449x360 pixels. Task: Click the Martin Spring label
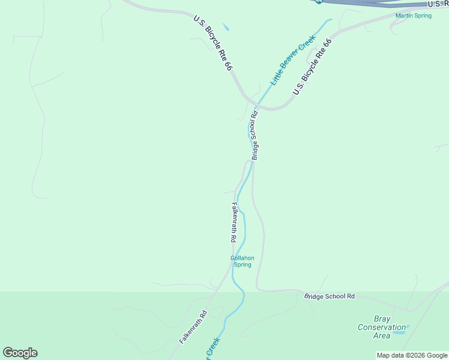413,16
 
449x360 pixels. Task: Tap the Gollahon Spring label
243,261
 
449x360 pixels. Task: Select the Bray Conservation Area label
382,327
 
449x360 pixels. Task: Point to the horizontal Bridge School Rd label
330,296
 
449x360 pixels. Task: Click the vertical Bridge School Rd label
255,135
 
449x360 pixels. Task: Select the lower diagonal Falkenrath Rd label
193,326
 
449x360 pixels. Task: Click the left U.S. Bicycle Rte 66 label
212,43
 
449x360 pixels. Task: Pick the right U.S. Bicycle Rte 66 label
312,67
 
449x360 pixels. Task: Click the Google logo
20,353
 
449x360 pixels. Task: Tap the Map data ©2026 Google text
412,355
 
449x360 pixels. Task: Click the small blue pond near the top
226,27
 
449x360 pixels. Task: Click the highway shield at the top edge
319,1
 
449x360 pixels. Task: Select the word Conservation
382,327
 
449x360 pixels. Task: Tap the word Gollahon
243,258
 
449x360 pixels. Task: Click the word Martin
405,16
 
